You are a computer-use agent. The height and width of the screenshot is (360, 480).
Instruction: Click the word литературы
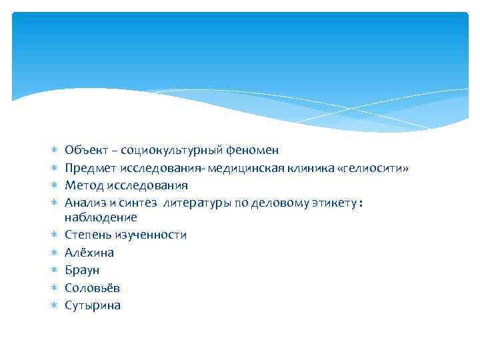[198, 203]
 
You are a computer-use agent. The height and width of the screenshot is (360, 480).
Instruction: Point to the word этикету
[330, 203]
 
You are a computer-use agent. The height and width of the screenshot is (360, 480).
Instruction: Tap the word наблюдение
[101, 217]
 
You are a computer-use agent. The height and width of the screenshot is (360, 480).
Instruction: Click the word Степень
[87, 235]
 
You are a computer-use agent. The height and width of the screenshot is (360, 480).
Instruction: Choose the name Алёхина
[89, 253]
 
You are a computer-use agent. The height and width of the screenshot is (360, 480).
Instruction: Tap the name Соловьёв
[93, 288]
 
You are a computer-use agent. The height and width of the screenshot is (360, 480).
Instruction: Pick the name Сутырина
[93, 305]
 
